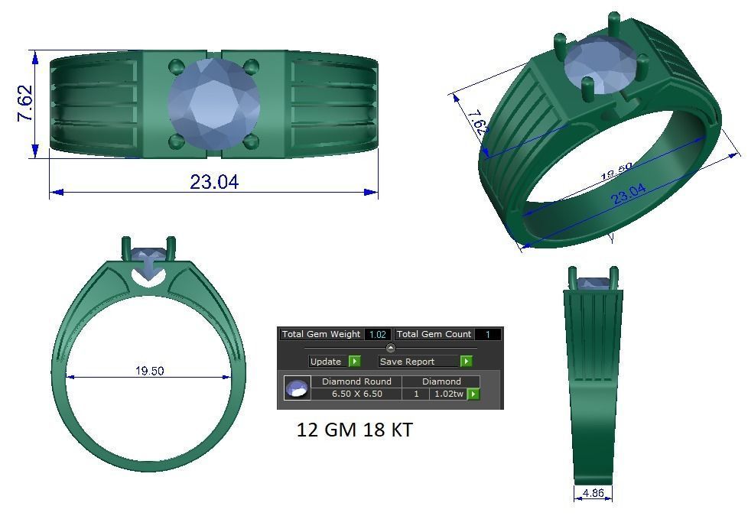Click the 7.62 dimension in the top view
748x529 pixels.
[24, 103]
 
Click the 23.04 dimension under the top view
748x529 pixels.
[214, 182]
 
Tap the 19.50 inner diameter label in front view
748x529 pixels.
[150, 371]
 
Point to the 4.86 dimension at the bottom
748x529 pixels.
[593, 493]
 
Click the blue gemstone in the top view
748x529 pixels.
[213, 103]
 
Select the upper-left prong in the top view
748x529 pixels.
[176, 67]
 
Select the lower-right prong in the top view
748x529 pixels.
[252, 141]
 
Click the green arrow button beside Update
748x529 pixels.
[354, 362]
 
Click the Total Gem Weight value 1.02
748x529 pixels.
[378, 334]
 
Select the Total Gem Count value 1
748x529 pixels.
[487, 334]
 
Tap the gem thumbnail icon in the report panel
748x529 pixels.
[297, 388]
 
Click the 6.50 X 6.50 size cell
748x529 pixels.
[356, 394]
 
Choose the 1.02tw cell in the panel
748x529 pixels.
[448, 394]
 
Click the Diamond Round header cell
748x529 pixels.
[356, 381]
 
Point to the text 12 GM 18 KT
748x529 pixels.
[354, 430]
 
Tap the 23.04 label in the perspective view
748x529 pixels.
[628, 196]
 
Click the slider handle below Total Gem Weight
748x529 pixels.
[390, 349]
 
